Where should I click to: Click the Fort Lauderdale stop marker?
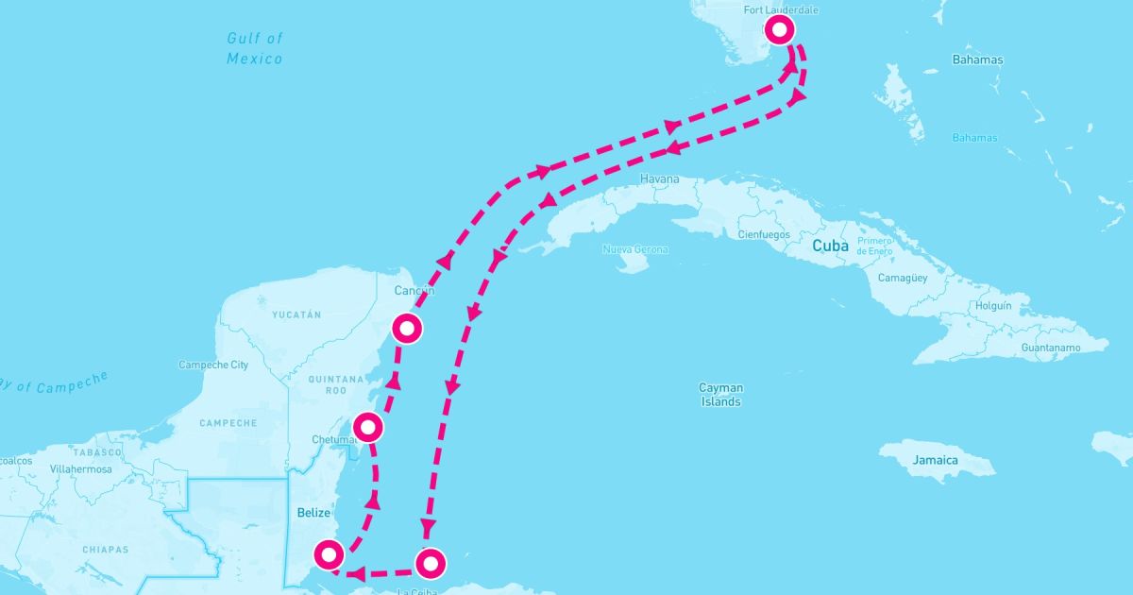(x=779, y=30)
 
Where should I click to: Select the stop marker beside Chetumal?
(x=368, y=428)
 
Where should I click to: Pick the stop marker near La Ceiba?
(x=430, y=563)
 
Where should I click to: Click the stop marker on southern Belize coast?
(x=328, y=554)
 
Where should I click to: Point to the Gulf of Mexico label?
(x=255, y=48)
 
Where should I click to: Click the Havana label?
(x=659, y=178)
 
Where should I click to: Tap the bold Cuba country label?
(x=830, y=246)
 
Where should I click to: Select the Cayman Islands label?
(x=720, y=395)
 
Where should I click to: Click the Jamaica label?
(x=935, y=460)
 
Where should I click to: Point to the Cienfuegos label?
(x=762, y=233)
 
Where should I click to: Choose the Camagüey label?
(x=903, y=279)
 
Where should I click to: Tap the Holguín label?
(x=992, y=306)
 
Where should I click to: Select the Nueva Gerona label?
(x=634, y=250)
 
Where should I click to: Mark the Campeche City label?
(x=213, y=365)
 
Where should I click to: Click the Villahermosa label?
(x=80, y=469)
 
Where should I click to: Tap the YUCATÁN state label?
(x=296, y=314)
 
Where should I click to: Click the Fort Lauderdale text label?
(x=780, y=10)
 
